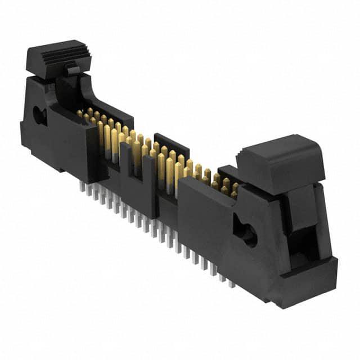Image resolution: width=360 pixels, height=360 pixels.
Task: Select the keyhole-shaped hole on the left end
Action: [39, 116]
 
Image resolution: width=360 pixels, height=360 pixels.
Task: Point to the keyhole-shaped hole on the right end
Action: [246, 233]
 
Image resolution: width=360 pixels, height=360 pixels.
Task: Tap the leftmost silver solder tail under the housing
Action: [82, 186]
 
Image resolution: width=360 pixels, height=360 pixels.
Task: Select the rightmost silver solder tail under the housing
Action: [231, 283]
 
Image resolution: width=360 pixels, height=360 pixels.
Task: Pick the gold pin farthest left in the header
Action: [80, 114]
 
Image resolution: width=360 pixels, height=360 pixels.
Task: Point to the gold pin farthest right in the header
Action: [235, 190]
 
